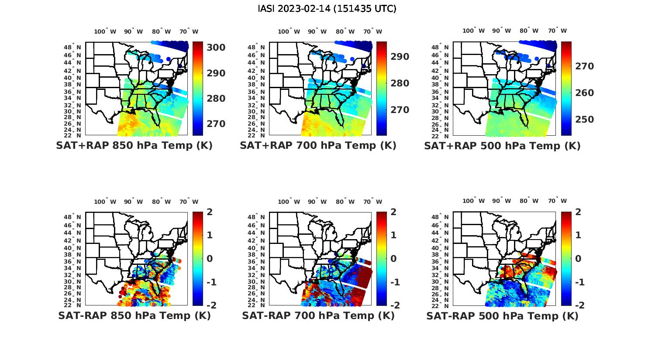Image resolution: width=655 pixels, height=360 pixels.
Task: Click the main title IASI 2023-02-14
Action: tap(327, 9)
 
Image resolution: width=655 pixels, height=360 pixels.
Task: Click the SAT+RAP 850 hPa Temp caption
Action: tap(134, 146)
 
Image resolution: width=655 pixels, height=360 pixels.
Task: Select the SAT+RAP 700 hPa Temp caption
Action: tap(318, 146)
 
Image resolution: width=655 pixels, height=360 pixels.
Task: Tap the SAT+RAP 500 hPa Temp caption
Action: tap(502, 146)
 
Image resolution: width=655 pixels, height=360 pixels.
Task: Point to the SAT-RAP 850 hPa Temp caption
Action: tap(134, 315)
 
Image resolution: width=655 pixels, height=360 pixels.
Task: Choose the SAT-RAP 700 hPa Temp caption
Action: tap(318, 315)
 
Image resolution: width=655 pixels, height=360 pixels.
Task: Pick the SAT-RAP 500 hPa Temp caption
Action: tap(502, 316)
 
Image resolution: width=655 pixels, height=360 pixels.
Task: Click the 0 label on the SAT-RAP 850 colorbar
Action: tap(209, 259)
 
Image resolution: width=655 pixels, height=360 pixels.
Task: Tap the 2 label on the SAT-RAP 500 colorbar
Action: tap(577, 213)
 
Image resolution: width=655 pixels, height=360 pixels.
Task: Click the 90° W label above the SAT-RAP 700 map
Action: tap(317, 202)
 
